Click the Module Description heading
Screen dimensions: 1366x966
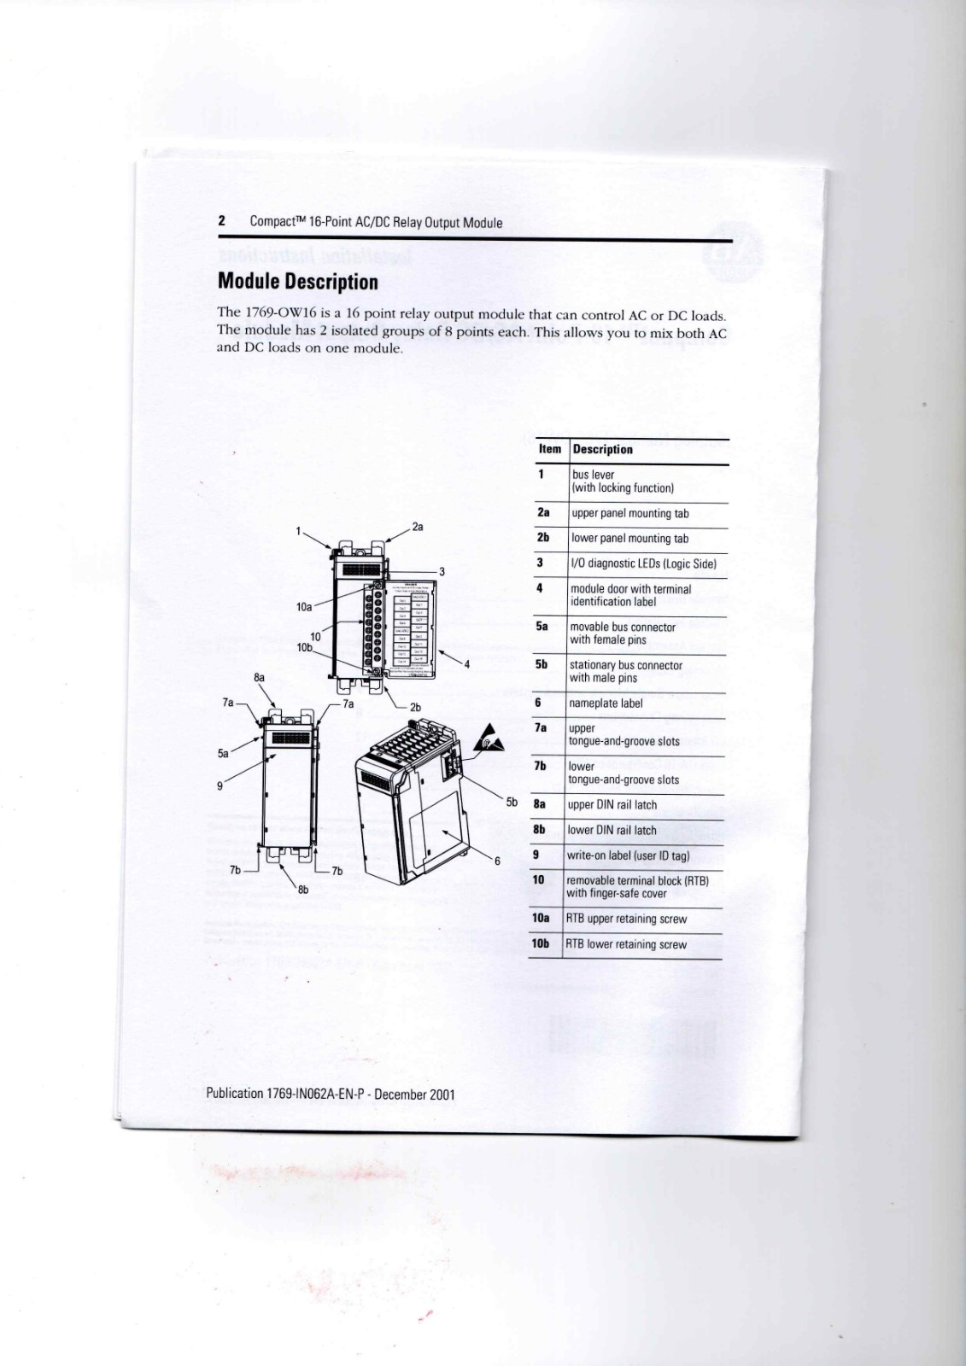[x=297, y=282]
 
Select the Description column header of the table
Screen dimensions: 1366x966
[x=602, y=449]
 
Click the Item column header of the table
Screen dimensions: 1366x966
[x=550, y=449]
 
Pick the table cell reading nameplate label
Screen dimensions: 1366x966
[x=606, y=703]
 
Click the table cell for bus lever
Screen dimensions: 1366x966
[x=623, y=482]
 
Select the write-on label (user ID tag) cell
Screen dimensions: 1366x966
[x=628, y=855]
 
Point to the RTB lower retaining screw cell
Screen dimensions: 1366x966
[x=626, y=944]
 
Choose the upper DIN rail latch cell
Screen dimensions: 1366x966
[x=612, y=805]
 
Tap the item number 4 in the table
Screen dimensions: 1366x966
[x=540, y=588]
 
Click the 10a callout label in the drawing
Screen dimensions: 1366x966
[x=304, y=607]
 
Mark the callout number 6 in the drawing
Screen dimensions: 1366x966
[x=497, y=861]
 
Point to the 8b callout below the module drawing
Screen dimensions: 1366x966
[x=303, y=890]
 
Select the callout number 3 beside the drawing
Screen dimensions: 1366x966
[x=442, y=572]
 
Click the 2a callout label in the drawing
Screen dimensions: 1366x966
[x=418, y=528]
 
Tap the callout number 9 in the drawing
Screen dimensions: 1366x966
[x=220, y=785]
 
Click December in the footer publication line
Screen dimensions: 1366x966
[x=401, y=1094]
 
